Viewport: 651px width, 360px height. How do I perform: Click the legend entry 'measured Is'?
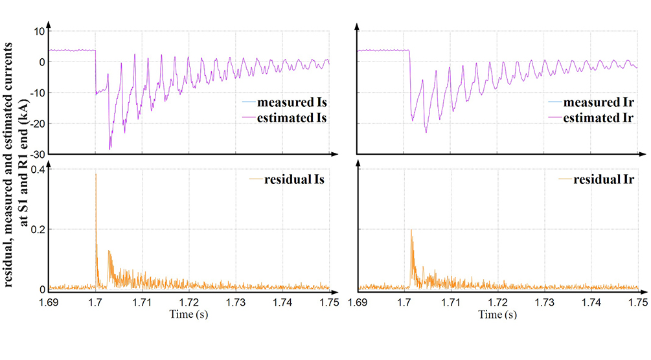tap(291, 103)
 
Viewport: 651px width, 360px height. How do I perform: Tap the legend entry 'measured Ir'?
tap(599, 103)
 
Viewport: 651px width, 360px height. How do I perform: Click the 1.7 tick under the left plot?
tap(95, 302)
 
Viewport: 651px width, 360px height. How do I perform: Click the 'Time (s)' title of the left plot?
tap(189, 315)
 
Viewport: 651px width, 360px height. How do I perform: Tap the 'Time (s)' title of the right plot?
tap(498, 315)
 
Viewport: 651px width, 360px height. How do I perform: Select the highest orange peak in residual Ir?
tap(411, 229)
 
